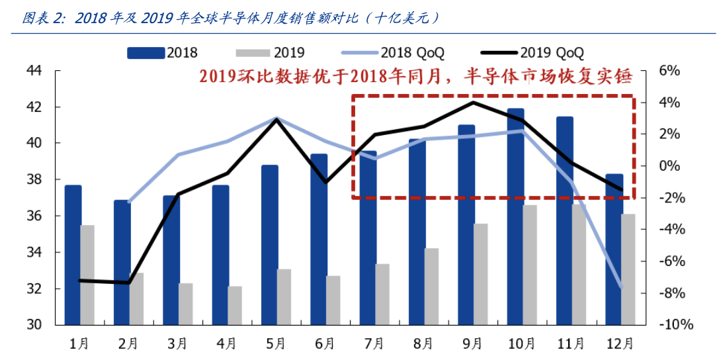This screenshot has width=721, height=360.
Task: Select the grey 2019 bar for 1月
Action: [x=87, y=275]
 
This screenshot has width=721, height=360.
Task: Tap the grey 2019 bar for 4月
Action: [x=235, y=305]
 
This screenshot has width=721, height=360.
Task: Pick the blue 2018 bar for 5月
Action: [x=270, y=245]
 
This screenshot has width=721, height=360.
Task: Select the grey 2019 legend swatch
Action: [x=252, y=52]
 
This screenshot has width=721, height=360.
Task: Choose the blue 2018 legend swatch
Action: [x=146, y=52]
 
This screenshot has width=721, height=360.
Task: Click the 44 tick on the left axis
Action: [x=33, y=70]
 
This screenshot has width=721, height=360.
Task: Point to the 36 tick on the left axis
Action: [x=33, y=216]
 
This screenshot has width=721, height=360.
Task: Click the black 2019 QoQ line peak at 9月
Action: [x=473, y=102]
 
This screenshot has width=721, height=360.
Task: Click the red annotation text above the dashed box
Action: [x=415, y=76]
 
